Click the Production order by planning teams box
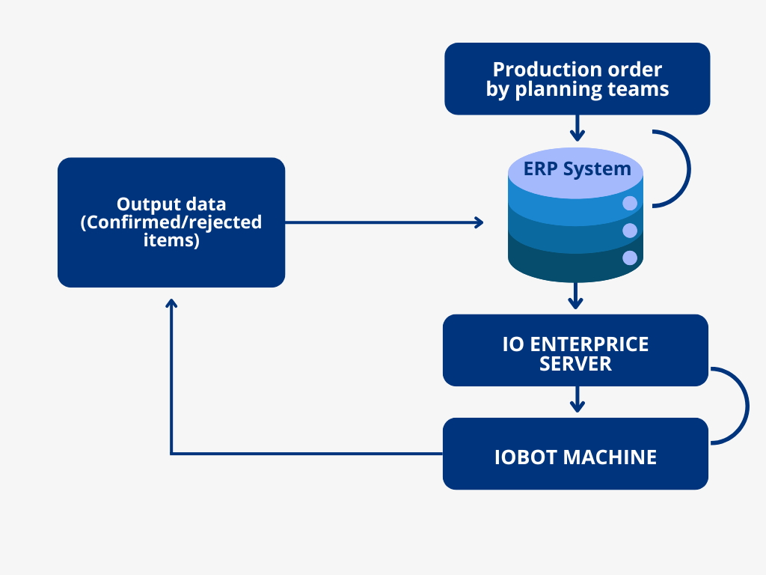point(577,79)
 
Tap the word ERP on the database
point(541,168)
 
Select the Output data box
point(171,222)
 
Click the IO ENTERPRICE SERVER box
point(575,350)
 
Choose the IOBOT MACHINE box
point(575,454)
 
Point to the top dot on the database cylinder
point(630,203)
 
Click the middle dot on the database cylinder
point(630,231)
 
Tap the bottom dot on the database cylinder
point(630,258)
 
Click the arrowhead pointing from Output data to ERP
point(479,222)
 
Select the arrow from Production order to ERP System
point(577,128)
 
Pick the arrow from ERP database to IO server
point(575,296)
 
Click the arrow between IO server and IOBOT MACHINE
point(577,400)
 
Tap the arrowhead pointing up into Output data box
point(171,303)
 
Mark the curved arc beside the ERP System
point(689,168)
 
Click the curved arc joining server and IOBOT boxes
point(747,406)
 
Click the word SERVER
point(575,364)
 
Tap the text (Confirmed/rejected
point(171,222)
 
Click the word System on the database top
point(597,169)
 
